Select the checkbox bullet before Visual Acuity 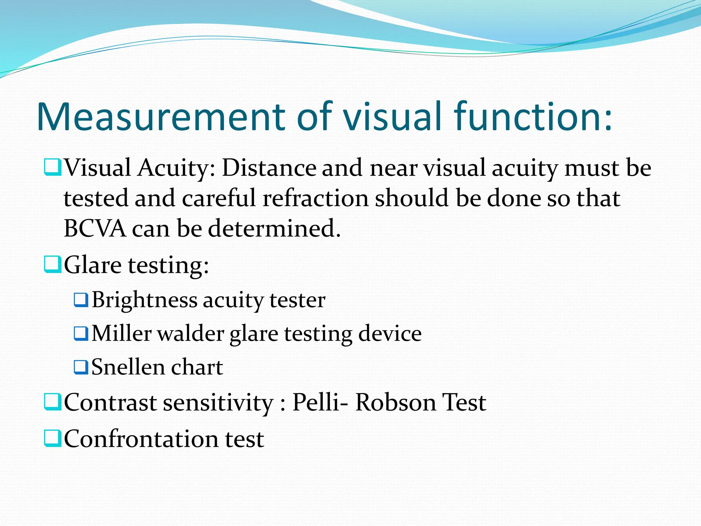click(x=53, y=167)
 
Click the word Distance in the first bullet click(x=269, y=168)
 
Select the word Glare click(x=93, y=265)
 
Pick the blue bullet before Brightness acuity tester click(x=81, y=300)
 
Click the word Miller click(x=122, y=334)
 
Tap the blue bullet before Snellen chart click(x=81, y=367)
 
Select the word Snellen click(x=128, y=367)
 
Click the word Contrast click(x=110, y=402)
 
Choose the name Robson click(x=396, y=402)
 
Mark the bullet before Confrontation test click(x=53, y=439)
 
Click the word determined click(x=274, y=228)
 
